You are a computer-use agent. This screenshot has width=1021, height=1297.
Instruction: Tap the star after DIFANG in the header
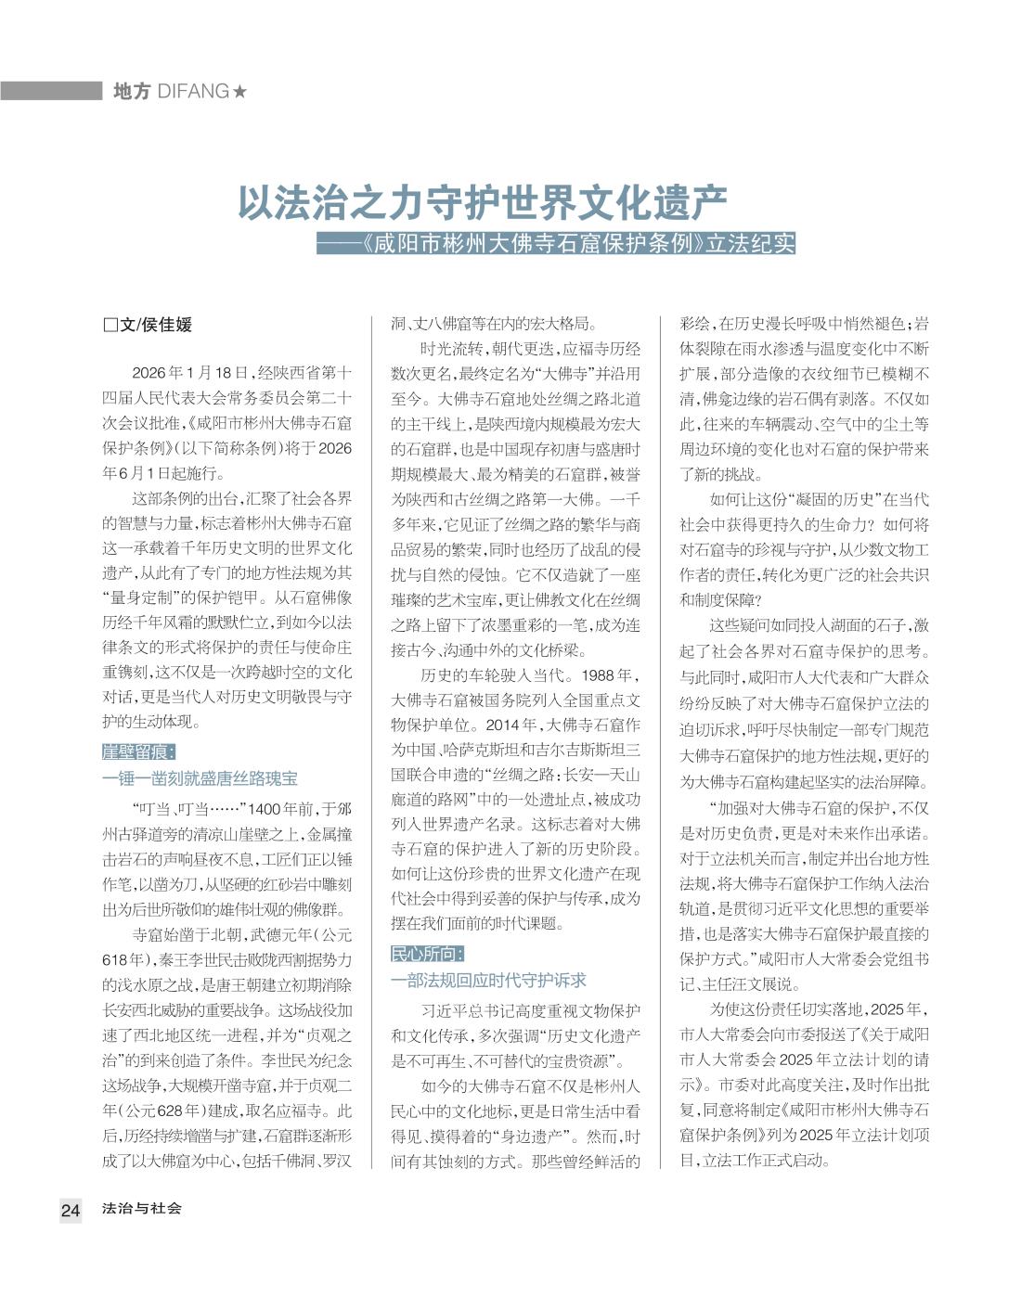click(x=240, y=91)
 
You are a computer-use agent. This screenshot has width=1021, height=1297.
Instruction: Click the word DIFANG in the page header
click(x=193, y=91)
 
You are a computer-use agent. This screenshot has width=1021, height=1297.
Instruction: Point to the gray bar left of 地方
click(x=51, y=91)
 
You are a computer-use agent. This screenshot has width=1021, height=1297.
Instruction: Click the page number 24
click(x=71, y=1210)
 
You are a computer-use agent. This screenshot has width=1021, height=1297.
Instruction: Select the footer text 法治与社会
click(x=142, y=1209)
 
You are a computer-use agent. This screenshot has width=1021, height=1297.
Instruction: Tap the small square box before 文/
click(x=110, y=326)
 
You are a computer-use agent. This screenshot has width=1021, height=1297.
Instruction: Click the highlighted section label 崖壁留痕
click(x=137, y=751)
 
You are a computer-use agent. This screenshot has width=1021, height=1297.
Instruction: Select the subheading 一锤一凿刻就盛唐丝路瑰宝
click(x=200, y=777)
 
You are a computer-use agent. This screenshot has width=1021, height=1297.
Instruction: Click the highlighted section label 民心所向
click(x=426, y=954)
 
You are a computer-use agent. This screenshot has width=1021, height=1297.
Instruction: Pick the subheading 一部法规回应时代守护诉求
click(x=488, y=980)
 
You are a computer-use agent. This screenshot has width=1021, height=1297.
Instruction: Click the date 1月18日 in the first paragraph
click(x=223, y=374)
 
